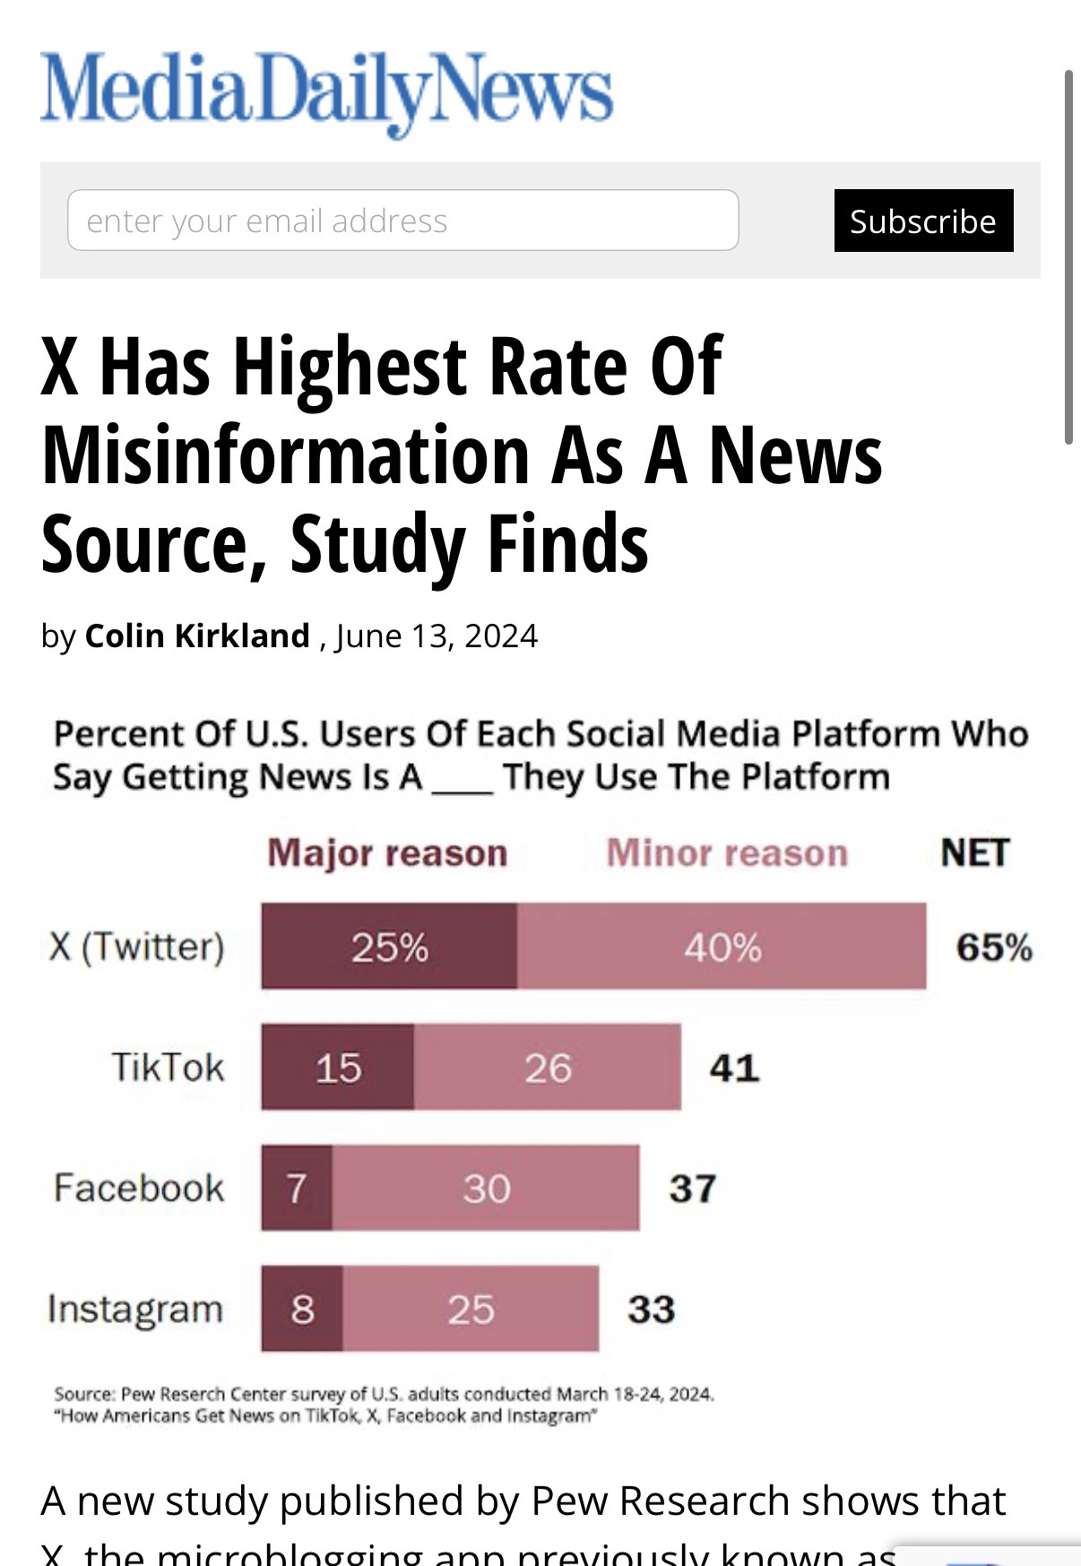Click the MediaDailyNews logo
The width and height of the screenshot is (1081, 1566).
[x=326, y=91]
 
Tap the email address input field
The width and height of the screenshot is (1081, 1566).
[x=402, y=221]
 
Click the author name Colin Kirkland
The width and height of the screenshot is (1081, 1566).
[x=197, y=636]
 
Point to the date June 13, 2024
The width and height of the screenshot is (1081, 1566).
[x=437, y=636]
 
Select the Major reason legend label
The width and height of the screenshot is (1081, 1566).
[x=387, y=852]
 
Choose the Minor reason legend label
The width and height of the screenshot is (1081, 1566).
[x=727, y=852]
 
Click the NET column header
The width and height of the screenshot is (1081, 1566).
[x=974, y=852]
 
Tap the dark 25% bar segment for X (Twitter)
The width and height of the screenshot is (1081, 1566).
[x=389, y=947]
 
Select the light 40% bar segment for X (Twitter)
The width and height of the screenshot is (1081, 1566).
[x=722, y=947]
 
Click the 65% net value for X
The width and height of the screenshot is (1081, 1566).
[x=994, y=947]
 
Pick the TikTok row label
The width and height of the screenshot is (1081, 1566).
[x=168, y=1068]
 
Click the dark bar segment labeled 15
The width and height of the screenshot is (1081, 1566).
[x=338, y=1068]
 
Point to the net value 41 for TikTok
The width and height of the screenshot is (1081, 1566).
[x=734, y=1068]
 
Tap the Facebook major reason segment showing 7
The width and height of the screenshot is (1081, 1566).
[x=297, y=1188]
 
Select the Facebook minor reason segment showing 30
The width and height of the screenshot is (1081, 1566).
[x=486, y=1188]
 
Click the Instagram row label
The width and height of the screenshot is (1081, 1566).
[x=135, y=1309]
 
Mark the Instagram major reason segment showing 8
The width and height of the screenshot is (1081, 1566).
[x=302, y=1309]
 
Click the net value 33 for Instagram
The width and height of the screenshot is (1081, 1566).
[x=651, y=1309]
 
